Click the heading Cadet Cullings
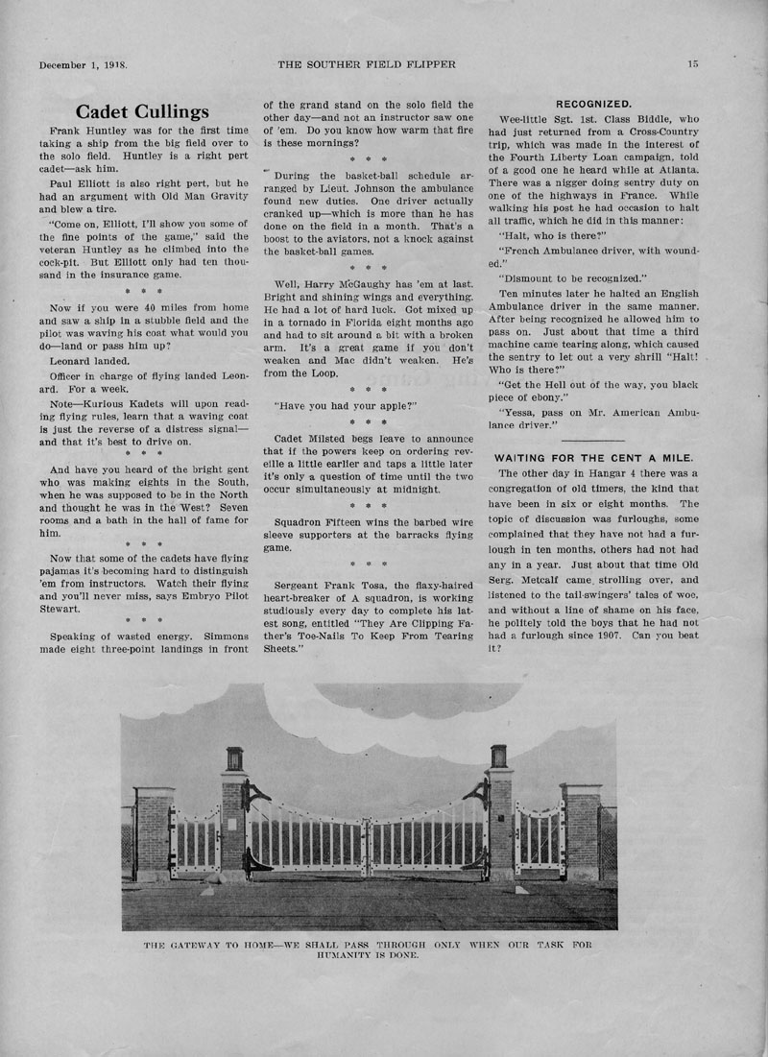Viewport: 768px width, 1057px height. click(141, 111)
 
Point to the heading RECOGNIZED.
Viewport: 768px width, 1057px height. click(593, 103)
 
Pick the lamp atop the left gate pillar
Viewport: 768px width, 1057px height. click(235, 758)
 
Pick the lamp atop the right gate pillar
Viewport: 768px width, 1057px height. click(498, 756)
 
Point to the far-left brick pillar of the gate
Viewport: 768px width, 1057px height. click(155, 830)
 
